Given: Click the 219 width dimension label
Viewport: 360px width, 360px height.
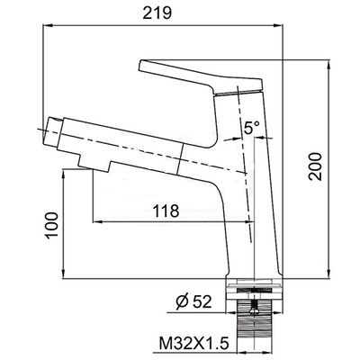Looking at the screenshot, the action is point(157,13).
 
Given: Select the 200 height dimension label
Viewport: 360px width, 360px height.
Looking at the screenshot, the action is point(316,166).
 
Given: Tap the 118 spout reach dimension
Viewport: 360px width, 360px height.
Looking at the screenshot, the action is point(166,211).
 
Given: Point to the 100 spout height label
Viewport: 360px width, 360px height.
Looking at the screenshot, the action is point(52,225).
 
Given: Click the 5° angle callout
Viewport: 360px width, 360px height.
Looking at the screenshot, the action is point(251,128).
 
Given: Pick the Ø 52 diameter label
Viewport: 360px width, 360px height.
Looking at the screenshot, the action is point(193,301).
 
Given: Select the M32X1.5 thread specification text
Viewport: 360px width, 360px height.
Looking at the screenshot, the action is point(193,343).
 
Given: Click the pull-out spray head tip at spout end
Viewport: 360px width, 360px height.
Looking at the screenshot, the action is point(53,132).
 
